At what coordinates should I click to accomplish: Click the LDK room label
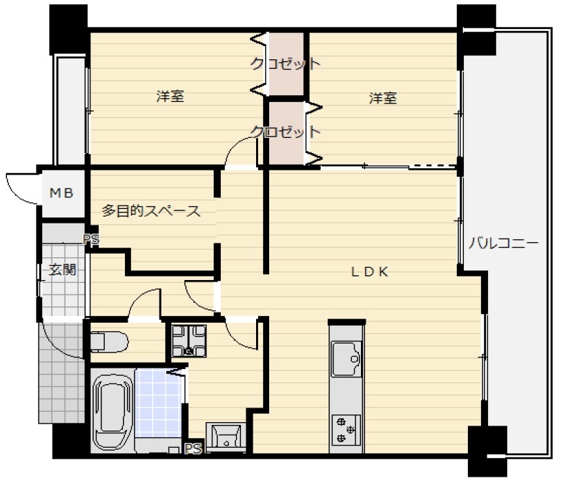[369, 272]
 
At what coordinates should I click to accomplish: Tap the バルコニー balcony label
[503, 243]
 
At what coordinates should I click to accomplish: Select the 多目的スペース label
[151, 211]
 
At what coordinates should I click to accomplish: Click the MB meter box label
[61, 192]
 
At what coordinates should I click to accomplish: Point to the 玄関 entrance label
[63, 270]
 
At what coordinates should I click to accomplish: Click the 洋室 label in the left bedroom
[170, 97]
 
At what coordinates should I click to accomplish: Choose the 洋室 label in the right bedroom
[383, 98]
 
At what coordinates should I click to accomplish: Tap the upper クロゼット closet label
[285, 63]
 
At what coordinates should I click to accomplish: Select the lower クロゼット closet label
[285, 131]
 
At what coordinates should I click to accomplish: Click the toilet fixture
[109, 342]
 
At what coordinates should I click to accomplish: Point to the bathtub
[113, 411]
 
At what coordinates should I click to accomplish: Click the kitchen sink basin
[346, 359]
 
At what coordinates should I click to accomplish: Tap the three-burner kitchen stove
[346, 429]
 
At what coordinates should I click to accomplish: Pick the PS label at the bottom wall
[193, 449]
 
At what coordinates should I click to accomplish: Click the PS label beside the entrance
[91, 240]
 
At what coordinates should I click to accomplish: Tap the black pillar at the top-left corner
[68, 30]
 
